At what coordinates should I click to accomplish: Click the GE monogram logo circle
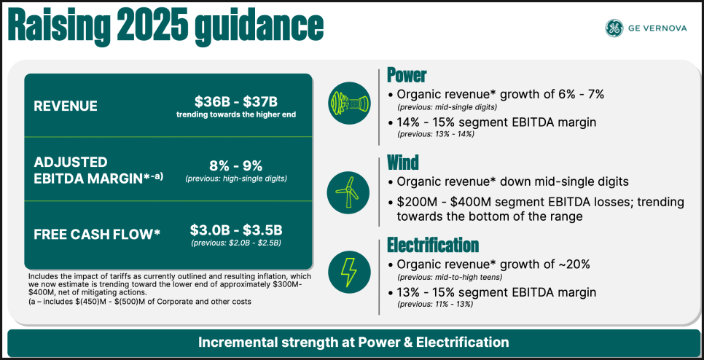[x=614, y=28]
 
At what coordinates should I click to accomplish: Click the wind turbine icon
[x=348, y=193]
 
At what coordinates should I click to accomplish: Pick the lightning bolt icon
[x=349, y=272]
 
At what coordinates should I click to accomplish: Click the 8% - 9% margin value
[x=235, y=166]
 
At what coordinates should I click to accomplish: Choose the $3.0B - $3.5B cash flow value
[x=235, y=231]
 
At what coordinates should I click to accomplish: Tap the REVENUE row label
[x=65, y=106]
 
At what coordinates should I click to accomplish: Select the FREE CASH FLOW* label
[x=96, y=233]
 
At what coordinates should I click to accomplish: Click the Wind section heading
[x=403, y=162]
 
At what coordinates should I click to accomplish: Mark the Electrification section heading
[x=433, y=245]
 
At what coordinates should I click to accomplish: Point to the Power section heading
[x=407, y=75]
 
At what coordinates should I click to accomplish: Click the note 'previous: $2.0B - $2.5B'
[x=235, y=243]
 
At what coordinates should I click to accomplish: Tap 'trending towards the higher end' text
[x=235, y=114]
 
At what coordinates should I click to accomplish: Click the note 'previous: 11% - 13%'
[x=435, y=305]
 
